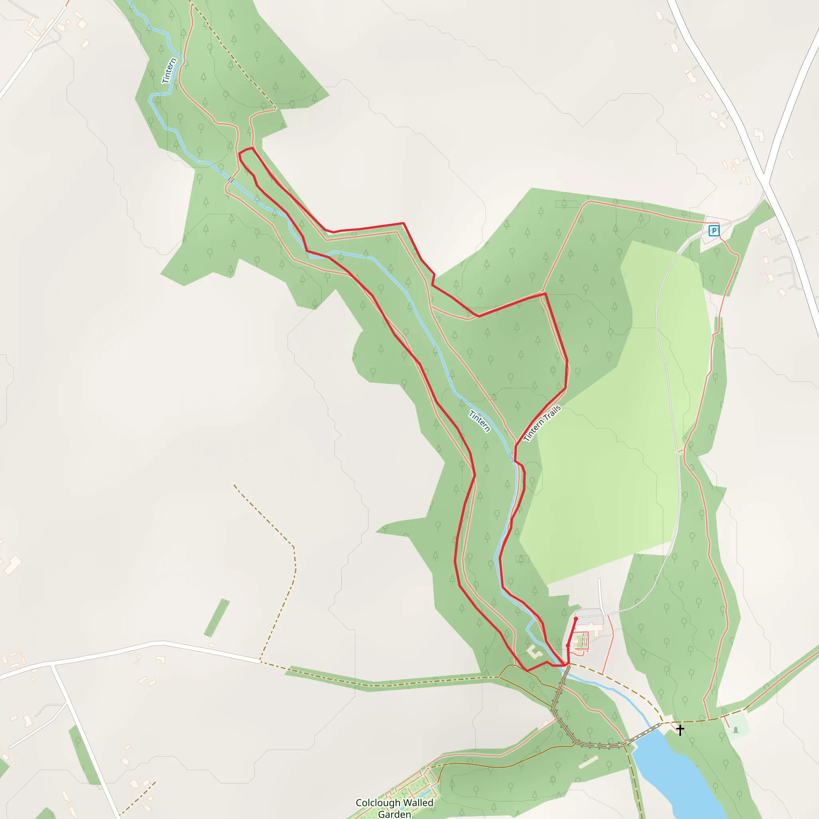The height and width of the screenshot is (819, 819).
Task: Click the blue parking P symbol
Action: click(714, 231)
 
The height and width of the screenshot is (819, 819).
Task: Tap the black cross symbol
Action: click(680, 730)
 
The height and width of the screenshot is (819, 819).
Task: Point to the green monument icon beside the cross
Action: click(736, 729)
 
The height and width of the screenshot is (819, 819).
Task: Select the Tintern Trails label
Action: click(542, 423)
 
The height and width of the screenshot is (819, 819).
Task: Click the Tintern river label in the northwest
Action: click(169, 71)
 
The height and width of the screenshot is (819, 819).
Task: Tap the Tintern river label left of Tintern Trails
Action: click(479, 421)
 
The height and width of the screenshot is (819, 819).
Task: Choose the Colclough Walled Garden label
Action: click(394, 808)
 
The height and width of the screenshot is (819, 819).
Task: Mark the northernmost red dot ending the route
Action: click(576, 619)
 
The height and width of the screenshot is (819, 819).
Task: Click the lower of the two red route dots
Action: click(568, 645)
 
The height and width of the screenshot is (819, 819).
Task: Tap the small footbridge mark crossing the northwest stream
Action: click(230, 180)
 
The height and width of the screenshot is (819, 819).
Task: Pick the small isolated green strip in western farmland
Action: click(217, 618)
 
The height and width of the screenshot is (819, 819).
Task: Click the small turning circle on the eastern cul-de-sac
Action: click(778, 242)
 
